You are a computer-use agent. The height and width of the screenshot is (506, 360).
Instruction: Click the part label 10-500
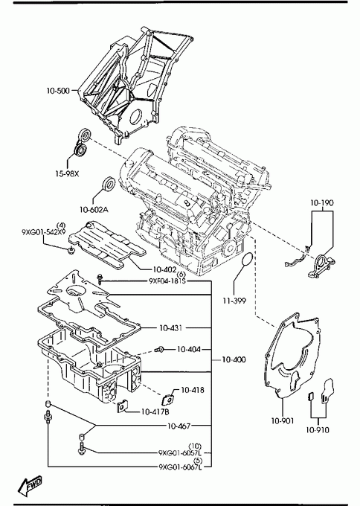[x=58, y=91]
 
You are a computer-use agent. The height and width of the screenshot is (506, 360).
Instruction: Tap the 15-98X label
[x=67, y=174]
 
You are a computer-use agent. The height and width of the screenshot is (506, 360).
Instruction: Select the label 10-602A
[x=94, y=210]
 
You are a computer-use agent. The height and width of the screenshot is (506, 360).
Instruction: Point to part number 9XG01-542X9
[x=44, y=232]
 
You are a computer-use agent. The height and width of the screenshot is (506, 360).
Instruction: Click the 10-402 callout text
[x=164, y=269]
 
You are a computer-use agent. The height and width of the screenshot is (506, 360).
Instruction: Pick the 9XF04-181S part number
[x=167, y=281]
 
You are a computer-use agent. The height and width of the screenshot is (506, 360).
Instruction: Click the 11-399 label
[x=234, y=301]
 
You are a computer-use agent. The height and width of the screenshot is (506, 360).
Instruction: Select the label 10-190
[x=322, y=202]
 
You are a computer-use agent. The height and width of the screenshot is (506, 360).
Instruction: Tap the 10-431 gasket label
[x=170, y=328]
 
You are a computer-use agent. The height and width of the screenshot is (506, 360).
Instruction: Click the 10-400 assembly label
[x=234, y=359]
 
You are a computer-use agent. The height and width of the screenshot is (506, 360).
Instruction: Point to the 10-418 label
[x=193, y=390]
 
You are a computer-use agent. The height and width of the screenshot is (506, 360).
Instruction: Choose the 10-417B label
[x=155, y=411]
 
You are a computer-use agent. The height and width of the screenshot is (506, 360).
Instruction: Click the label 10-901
[x=283, y=421]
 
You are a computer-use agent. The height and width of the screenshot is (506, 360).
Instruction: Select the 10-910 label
[x=318, y=430]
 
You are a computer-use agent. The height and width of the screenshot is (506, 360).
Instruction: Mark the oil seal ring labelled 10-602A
[x=108, y=184]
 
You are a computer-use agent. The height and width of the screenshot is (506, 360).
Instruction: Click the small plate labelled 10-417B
[x=122, y=407]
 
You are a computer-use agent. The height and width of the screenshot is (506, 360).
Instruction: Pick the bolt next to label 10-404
[x=159, y=349]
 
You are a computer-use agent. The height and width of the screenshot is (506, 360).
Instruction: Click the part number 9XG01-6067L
[x=180, y=467]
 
